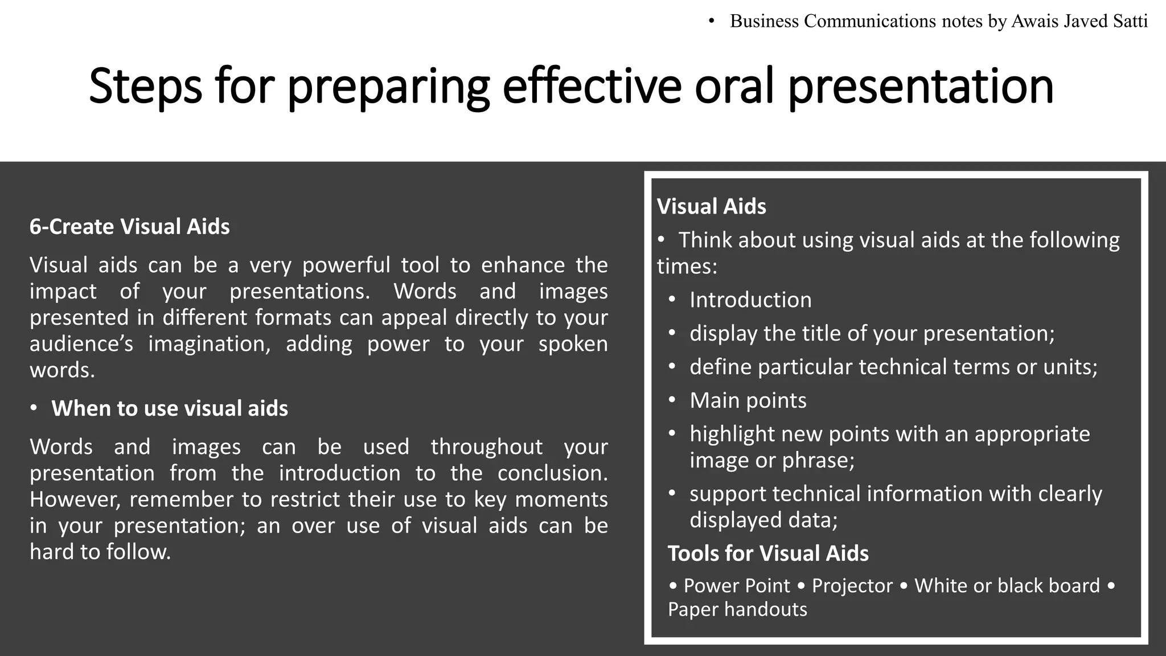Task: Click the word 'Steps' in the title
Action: point(145,87)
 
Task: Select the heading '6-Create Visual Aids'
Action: point(130,227)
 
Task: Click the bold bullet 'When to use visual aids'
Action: point(170,408)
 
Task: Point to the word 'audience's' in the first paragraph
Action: point(81,344)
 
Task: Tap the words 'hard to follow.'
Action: point(100,552)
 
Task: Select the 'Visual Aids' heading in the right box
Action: point(712,206)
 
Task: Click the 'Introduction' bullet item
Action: point(750,300)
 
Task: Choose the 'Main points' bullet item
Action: point(748,400)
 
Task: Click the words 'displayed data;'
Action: point(763,520)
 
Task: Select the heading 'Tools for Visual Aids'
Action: point(768,553)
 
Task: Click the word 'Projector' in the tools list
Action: point(852,586)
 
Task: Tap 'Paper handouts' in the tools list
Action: point(737,609)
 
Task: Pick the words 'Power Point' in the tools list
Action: point(737,586)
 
